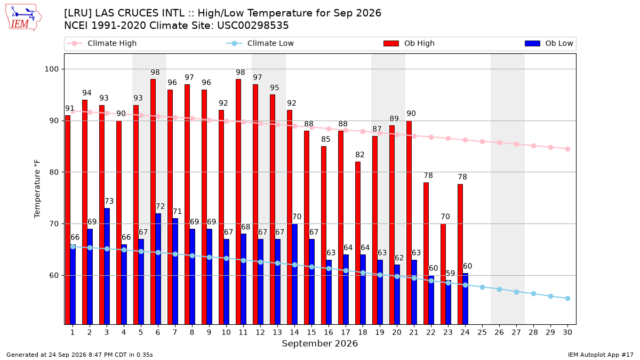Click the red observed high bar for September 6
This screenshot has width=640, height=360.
pos(153,202)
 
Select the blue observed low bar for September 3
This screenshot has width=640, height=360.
pos(107,266)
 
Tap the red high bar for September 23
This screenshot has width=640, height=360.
pos(443,274)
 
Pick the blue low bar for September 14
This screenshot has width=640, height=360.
pos(294,274)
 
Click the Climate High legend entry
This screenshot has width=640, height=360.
pos(101,43)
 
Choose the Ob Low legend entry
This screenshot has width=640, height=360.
pos(549,43)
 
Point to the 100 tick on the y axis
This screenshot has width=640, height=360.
pos(51,69)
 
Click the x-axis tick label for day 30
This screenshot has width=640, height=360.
pos(567,332)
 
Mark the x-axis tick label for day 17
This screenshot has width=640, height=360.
pos(346,332)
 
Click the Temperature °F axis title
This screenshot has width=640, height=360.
pos(37,189)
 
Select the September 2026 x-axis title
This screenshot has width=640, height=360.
pos(319,343)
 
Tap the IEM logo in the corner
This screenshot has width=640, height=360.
pos(23,18)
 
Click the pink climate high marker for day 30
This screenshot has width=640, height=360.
pos(567,149)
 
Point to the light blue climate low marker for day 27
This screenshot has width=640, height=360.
pos(517,292)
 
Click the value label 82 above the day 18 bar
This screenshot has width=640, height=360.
pos(360,155)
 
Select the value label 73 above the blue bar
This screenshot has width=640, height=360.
pos(109,201)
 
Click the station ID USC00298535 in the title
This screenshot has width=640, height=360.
pos(253,26)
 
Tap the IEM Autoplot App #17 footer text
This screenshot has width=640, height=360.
pos(601,355)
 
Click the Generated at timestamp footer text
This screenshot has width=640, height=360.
pos(79,355)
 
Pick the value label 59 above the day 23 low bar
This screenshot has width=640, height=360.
pos(450,273)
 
